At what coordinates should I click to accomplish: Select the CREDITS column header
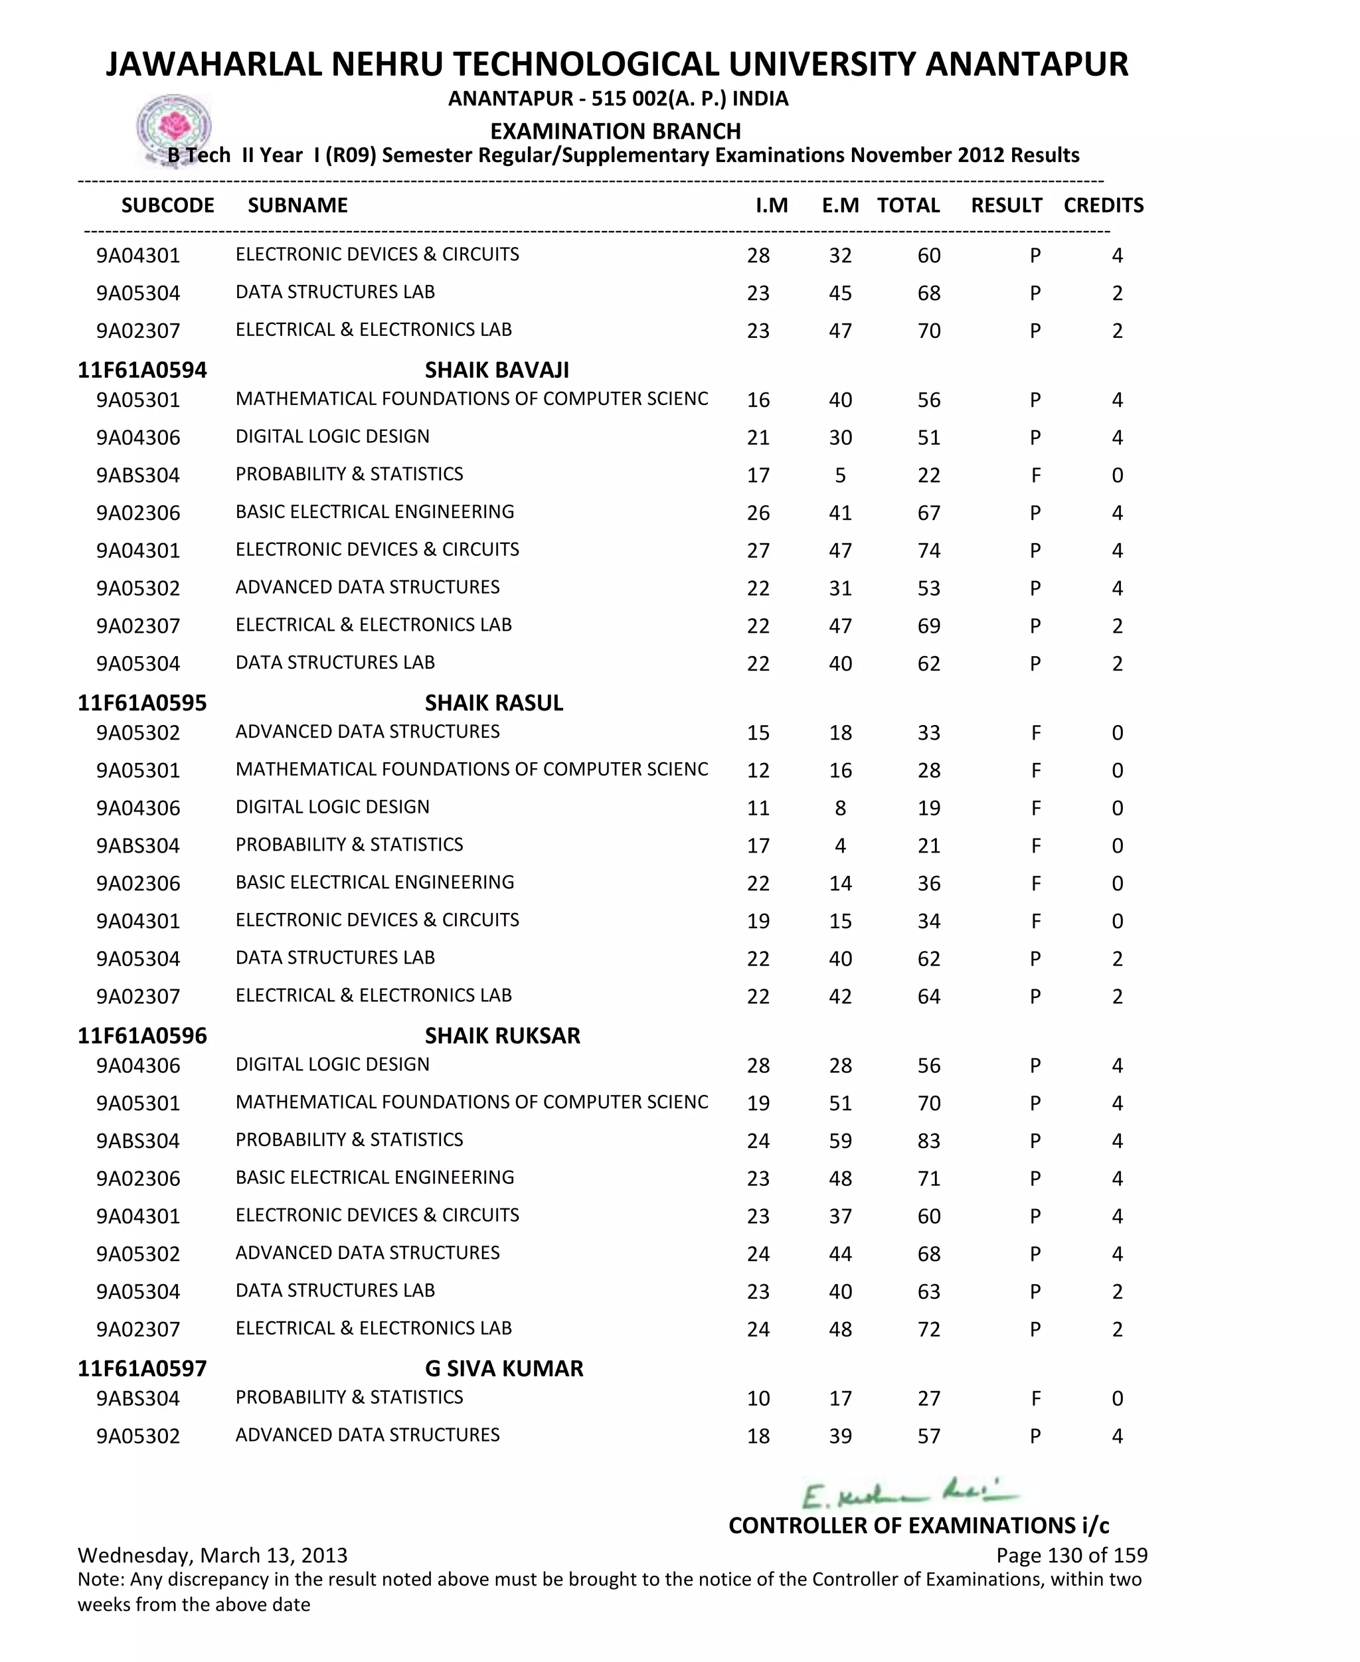click(1103, 205)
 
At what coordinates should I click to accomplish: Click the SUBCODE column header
click(167, 205)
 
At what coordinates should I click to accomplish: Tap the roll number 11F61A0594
click(142, 370)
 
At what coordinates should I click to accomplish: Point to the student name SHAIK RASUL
click(493, 703)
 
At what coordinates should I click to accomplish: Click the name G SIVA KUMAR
click(504, 1369)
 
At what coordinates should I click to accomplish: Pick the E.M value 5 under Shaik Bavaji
click(840, 475)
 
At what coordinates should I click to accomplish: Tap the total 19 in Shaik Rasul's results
click(928, 808)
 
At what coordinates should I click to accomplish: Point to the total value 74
click(928, 550)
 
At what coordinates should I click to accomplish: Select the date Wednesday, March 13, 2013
click(212, 1556)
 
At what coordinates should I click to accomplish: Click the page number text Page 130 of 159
click(1071, 1556)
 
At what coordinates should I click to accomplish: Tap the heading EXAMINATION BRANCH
click(615, 131)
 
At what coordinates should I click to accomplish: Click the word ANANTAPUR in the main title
click(1026, 64)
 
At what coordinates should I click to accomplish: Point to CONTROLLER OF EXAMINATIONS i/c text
click(918, 1525)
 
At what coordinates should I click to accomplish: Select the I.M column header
click(772, 205)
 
